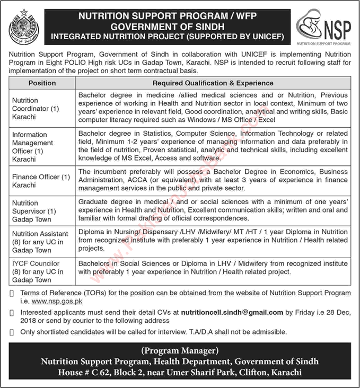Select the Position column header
coord(42,83)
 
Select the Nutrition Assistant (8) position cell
coord(40,242)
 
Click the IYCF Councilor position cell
coord(37,271)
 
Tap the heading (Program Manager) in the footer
coord(180,351)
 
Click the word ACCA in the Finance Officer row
coord(117,180)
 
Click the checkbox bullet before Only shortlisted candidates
coord(12,332)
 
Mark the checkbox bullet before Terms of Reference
coord(12,293)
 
